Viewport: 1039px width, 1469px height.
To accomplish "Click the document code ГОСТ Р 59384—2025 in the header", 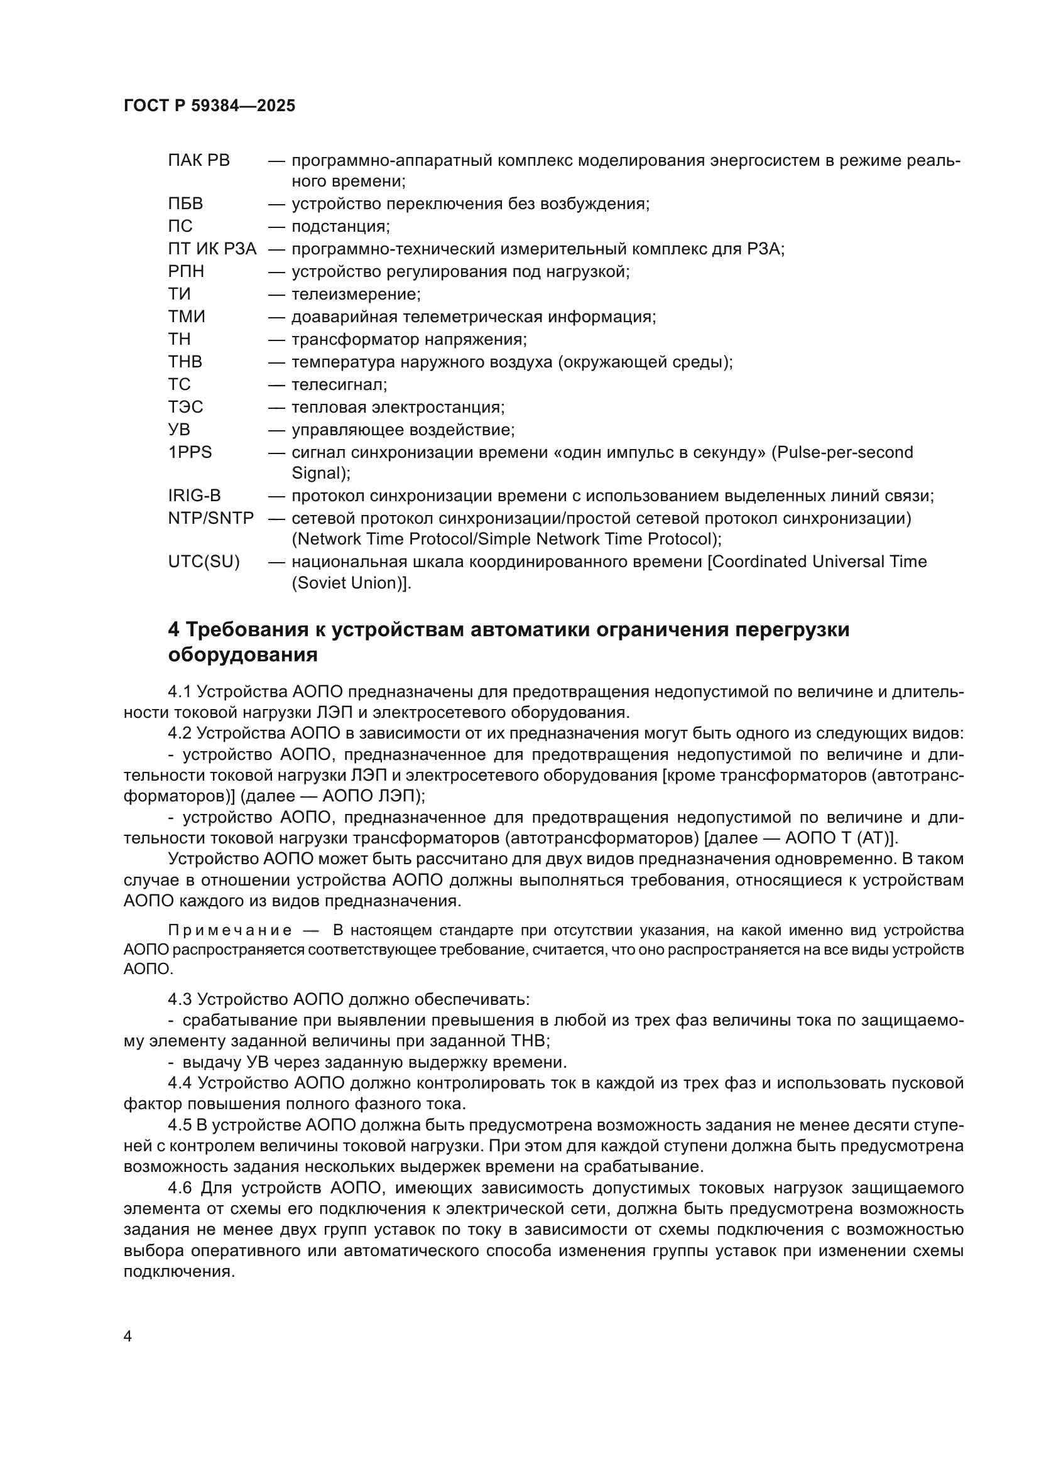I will (209, 106).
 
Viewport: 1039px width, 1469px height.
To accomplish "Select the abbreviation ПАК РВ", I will (199, 161).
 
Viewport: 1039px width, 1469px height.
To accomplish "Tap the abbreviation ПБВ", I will (185, 204).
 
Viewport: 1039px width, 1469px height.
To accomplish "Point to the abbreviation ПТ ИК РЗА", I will (212, 249).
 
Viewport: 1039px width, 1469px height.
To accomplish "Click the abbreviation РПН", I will (186, 271).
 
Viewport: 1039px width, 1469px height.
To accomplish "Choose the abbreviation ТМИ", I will (187, 317).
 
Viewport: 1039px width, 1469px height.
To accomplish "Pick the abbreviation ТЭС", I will (185, 407).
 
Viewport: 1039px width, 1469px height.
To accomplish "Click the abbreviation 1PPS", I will (190, 452).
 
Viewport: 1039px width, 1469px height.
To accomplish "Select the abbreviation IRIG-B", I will (195, 496).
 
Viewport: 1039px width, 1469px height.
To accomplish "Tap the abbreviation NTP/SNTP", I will (211, 518).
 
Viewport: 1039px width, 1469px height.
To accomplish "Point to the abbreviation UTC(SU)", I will (204, 561).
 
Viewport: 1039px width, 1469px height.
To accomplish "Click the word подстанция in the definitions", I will (339, 227).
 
